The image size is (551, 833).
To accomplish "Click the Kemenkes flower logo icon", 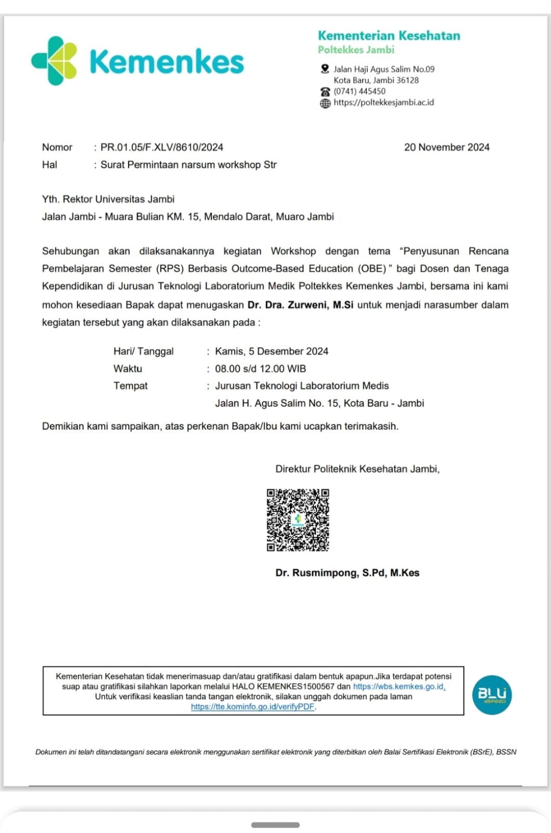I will coord(54,61).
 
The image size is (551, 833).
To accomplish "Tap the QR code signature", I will coord(298,520).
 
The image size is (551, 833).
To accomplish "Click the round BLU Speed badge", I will coord(492,695).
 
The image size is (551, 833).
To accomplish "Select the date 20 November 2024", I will coord(446,147).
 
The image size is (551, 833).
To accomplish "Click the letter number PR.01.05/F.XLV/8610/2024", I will coord(162,147).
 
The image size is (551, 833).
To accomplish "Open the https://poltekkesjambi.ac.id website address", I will coord(383,103).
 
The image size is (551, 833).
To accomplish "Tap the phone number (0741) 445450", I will coord(360,91).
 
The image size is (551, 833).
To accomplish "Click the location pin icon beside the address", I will coord(325,69).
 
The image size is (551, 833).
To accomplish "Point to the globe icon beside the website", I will coord(325,103).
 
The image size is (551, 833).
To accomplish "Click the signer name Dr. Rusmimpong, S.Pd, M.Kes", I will coord(347,573).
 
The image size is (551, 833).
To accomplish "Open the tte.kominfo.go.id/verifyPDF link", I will coord(252,706).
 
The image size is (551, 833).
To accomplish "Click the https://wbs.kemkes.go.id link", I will coord(399,687).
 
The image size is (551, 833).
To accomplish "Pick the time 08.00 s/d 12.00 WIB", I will coord(260,369).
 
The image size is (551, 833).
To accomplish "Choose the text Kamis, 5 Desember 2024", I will coord(272,351).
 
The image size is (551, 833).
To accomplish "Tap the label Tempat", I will coord(131,386).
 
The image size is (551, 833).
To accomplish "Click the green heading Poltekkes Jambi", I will coord(356,50).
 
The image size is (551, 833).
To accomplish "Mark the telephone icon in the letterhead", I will coord(325,92).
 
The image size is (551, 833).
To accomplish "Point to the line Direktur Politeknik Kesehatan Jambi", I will coord(357,469).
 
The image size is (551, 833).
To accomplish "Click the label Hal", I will coord(49,165).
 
